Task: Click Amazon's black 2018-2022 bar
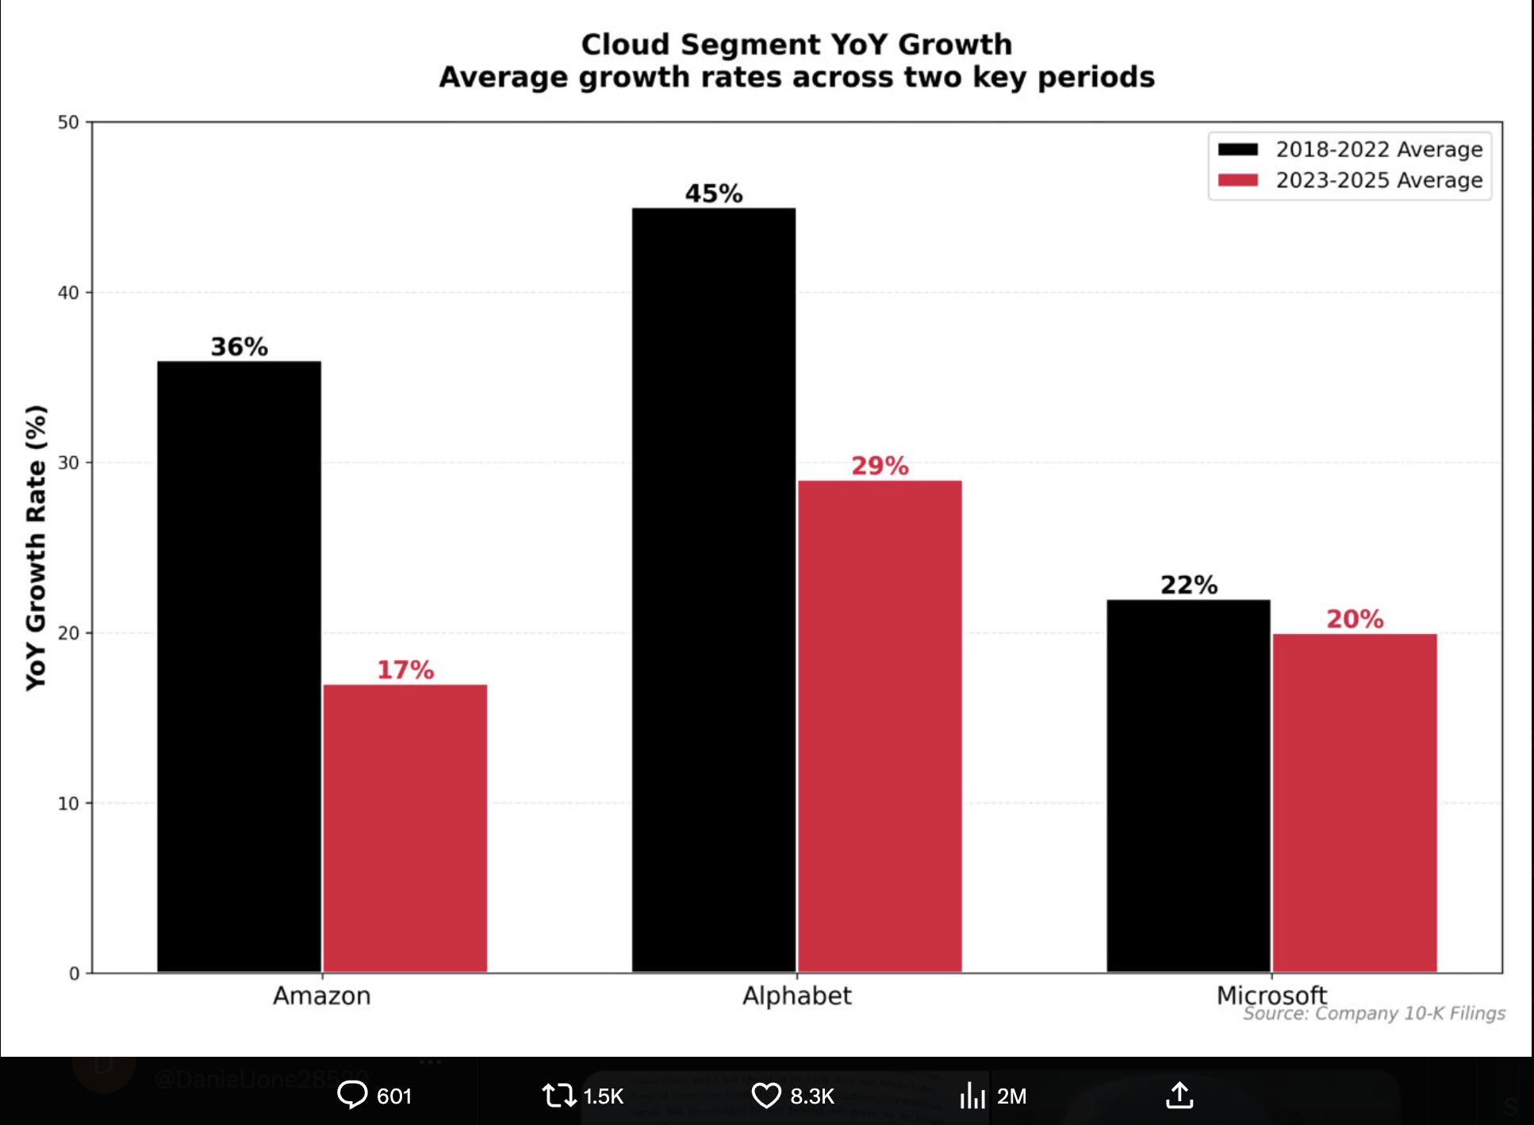[x=239, y=666]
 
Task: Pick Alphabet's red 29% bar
[x=880, y=726]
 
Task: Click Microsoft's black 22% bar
[x=1188, y=785]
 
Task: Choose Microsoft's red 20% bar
[x=1355, y=802]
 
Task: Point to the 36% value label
[x=239, y=347]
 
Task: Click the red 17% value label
[x=405, y=670]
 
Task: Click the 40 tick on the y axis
[x=69, y=293]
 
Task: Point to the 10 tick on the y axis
[x=69, y=804]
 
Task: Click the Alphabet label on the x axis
[x=796, y=996]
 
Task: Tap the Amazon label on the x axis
[x=321, y=996]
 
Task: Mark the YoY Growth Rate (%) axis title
[x=36, y=547]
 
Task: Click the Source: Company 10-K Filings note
[x=1374, y=1014]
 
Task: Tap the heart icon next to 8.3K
[x=766, y=1096]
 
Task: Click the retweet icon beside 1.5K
[x=558, y=1096]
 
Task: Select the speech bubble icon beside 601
[x=352, y=1095]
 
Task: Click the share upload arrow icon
[x=1179, y=1095]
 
